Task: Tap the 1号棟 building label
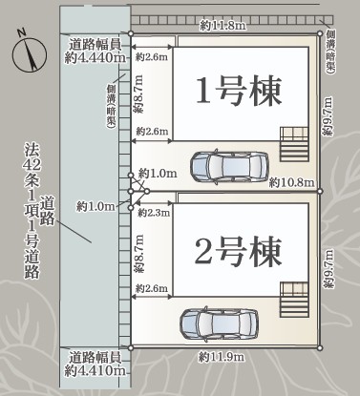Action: [x=239, y=91]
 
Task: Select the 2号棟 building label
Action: [x=238, y=251]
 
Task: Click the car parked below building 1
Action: [x=229, y=166]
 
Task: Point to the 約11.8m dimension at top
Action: [x=223, y=26]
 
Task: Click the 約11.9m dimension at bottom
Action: [x=222, y=357]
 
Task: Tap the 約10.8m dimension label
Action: [x=291, y=182]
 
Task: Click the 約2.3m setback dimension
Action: [x=154, y=213]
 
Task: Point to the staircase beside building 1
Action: [x=294, y=145]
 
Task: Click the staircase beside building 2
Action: [x=294, y=300]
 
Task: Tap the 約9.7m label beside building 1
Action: [x=328, y=116]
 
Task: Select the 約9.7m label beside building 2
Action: [x=328, y=269]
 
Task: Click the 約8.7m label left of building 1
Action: [x=138, y=94]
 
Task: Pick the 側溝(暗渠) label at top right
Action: [x=330, y=52]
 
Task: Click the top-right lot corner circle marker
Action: [x=320, y=33]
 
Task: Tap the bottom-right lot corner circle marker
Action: [x=320, y=348]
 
